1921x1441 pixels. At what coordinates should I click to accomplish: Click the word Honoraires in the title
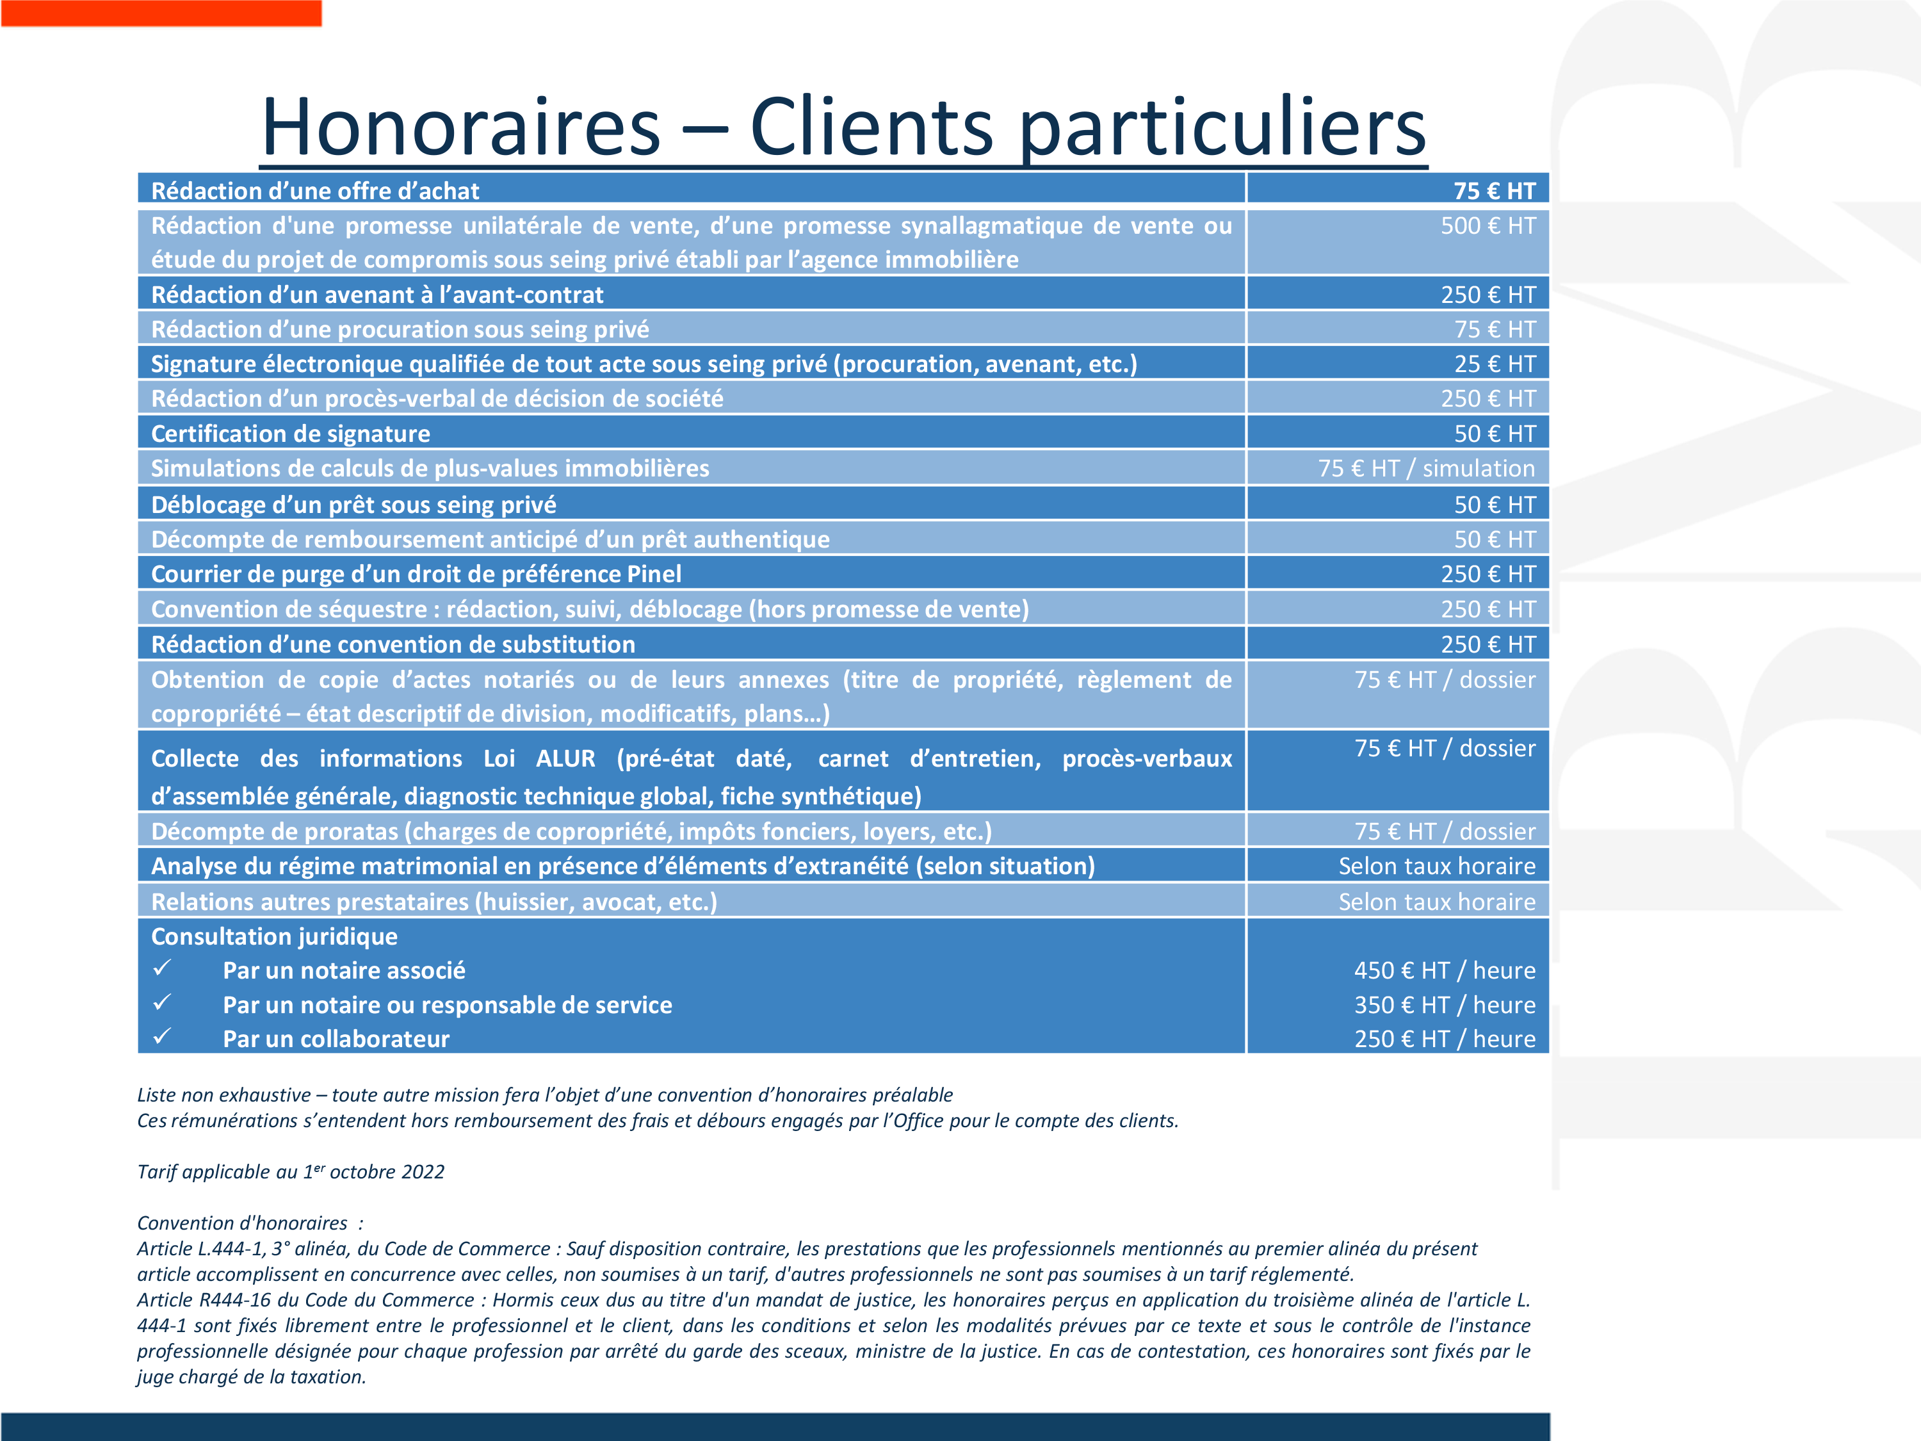[x=460, y=127]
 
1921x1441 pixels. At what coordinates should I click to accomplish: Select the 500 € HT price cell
[x=1487, y=226]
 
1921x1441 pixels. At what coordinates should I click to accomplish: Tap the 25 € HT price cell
[x=1495, y=364]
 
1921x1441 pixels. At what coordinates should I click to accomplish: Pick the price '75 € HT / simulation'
[x=1426, y=468]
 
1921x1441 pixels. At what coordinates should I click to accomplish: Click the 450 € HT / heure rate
[x=1444, y=970]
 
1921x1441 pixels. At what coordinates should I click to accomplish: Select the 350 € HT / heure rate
[x=1444, y=1005]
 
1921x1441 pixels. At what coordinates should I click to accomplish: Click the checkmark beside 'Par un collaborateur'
[x=163, y=1036]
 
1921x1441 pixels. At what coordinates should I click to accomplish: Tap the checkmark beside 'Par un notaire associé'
[x=163, y=968]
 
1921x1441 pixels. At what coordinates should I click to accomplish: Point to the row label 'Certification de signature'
[x=290, y=434]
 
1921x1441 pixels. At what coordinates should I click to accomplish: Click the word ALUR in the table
[x=565, y=758]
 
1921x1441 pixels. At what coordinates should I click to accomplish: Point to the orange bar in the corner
[x=161, y=13]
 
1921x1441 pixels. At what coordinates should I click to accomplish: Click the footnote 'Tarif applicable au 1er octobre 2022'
[x=290, y=1172]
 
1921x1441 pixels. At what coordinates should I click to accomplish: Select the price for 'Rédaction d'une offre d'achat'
[x=1494, y=191]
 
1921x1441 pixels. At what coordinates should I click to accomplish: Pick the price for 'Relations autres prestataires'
[x=1436, y=902]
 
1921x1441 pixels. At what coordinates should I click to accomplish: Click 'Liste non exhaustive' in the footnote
[x=223, y=1095]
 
